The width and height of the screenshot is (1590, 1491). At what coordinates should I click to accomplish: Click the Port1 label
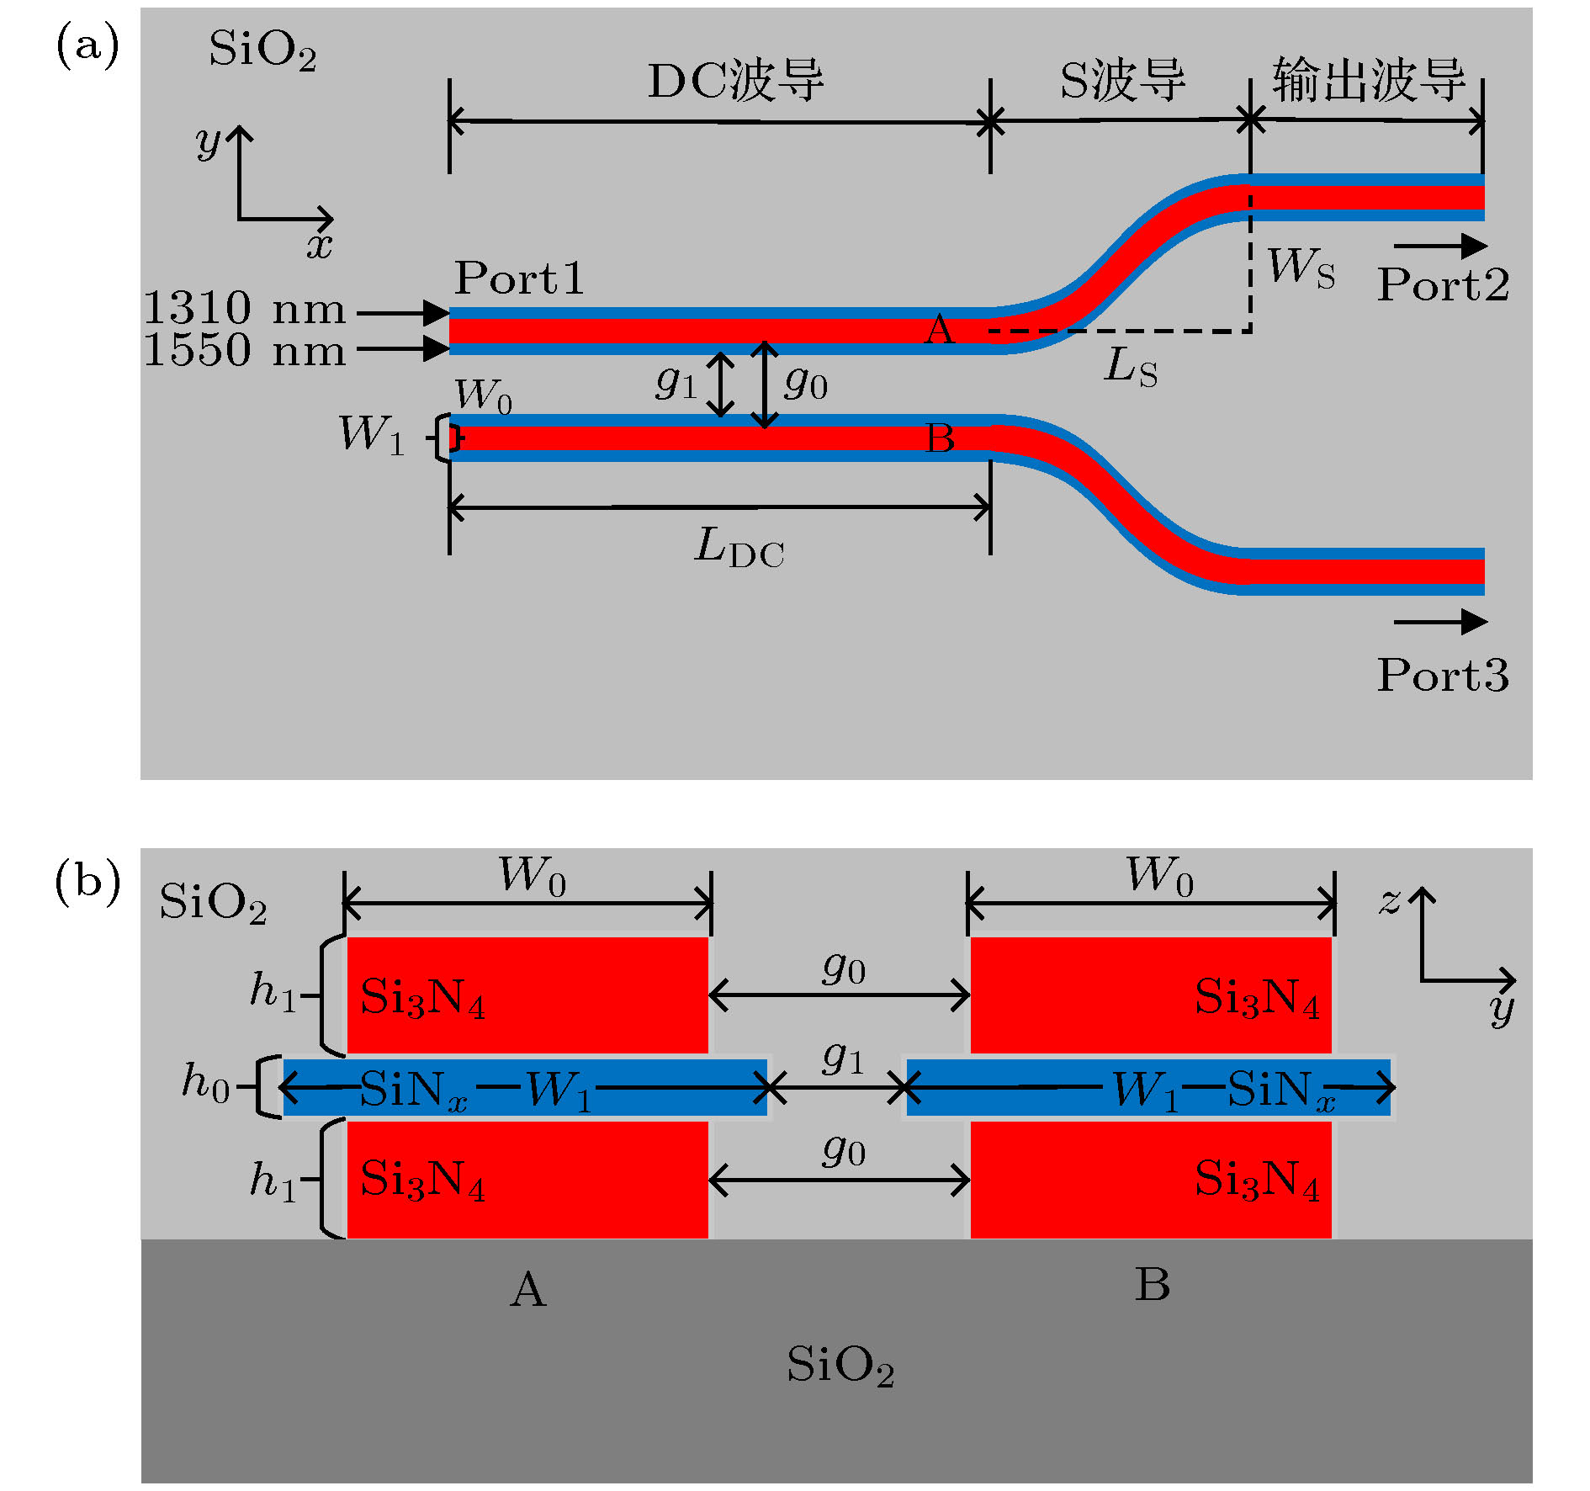[519, 279]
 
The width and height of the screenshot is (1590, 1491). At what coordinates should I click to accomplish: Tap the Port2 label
[1442, 285]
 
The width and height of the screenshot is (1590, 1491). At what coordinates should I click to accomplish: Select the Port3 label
[1442, 675]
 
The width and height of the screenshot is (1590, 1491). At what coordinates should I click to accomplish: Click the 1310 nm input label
[244, 309]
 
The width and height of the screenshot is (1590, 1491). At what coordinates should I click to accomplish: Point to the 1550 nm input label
[244, 350]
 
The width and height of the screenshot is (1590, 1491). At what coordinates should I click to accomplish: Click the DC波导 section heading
[735, 82]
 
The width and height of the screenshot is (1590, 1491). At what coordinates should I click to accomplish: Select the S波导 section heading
[1122, 82]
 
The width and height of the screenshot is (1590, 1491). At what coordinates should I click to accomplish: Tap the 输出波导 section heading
[1369, 81]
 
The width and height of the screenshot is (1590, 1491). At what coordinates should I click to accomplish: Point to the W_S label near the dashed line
[1301, 268]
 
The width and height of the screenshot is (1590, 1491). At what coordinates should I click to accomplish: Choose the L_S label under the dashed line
[1130, 368]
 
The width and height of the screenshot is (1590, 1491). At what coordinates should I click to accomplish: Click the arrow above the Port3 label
[1440, 622]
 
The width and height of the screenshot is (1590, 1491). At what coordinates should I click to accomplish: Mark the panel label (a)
[87, 45]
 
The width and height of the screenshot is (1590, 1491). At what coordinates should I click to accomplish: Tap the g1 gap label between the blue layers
[843, 1057]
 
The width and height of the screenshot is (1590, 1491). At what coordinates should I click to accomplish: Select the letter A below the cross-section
[528, 1290]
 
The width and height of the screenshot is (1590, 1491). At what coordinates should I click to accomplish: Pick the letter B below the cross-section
[1153, 1286]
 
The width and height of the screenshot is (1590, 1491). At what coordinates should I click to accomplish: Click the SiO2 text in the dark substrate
[840, 1365]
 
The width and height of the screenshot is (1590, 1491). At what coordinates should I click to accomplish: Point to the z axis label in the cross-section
[1390, 902]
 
